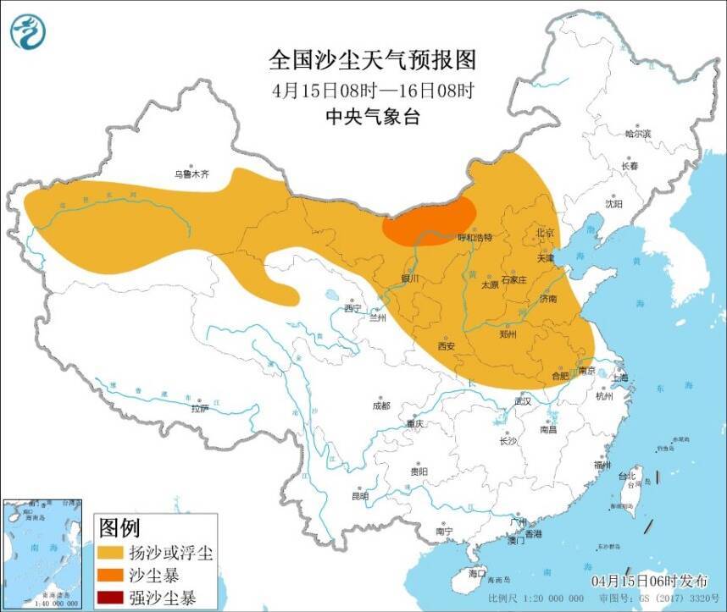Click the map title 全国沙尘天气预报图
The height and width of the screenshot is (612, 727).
pos(372,60)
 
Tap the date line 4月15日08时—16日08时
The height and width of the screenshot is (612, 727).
pos(372,89)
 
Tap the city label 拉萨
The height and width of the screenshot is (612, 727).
pos(199,408)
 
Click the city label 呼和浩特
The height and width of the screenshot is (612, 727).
pos(474,238)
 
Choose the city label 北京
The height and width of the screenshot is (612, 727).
pos(544,233)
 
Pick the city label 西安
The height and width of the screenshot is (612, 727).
pos(447,345)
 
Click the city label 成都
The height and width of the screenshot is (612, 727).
pos(380,406)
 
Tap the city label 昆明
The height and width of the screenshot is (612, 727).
pos(360,496)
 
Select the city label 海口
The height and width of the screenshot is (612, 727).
pos(477,573)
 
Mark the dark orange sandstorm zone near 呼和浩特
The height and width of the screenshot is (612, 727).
pos(428,222)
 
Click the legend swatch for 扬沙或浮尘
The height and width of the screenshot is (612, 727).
pos(110,554)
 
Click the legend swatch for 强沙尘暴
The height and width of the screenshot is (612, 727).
pos(110,598)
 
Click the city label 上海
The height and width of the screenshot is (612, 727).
pos(620,378)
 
